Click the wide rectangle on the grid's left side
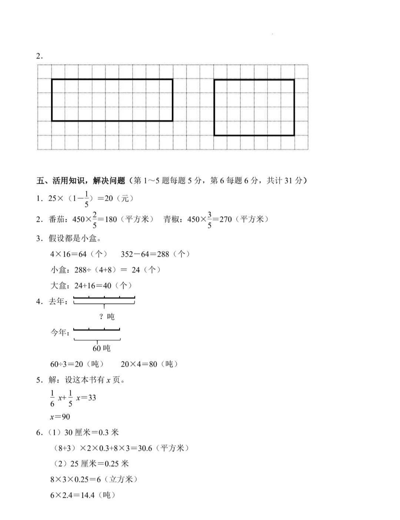[x=112, y=100]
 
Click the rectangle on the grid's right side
[x=254, y=107]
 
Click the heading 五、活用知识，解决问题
[x=81, y=180]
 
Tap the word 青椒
[x=171, y=219]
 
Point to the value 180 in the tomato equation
[x=111, y=219]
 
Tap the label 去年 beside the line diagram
[x=57, y=301]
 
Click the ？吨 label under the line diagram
[x=107, y=316]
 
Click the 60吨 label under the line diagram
[x=101, y=348]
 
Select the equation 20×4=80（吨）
[x=149, y=364]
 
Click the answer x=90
[x=60, y=417]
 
